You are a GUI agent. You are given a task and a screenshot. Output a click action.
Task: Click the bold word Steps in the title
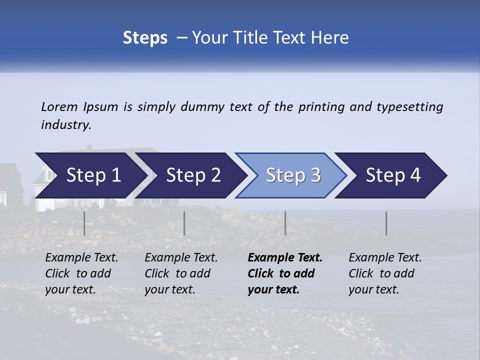[145, 38]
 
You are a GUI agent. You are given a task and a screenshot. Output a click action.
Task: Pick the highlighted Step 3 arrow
[292, 175]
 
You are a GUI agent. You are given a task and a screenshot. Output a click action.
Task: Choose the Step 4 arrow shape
[392, 175]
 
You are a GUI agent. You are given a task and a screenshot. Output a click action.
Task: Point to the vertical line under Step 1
[84, 223]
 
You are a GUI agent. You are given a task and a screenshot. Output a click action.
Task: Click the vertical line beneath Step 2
[184, 223]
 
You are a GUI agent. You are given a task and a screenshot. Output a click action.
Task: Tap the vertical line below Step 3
[285, 223]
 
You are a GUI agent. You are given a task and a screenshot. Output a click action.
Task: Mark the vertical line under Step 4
[386, 223]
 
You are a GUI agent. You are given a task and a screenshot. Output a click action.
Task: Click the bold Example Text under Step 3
[285, 273]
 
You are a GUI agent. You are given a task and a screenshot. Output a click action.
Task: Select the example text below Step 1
[81, 273]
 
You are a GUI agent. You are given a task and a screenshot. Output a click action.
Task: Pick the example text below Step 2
[181, 273]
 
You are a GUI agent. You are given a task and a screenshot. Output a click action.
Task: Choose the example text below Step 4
[385, 273]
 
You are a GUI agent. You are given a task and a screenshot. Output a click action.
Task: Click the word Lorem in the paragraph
[59, 107]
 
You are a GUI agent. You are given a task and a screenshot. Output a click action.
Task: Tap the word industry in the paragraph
[66, 125]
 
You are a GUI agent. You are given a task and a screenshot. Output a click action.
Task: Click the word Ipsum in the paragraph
[101, 107]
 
